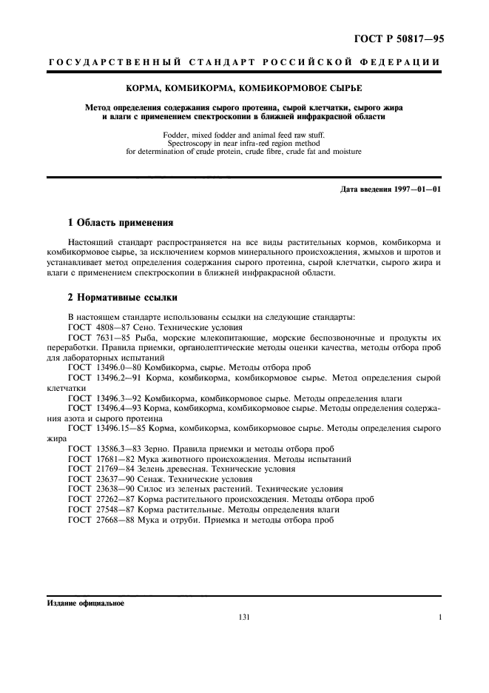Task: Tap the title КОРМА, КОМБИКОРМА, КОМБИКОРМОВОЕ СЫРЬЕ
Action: (243, 87)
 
